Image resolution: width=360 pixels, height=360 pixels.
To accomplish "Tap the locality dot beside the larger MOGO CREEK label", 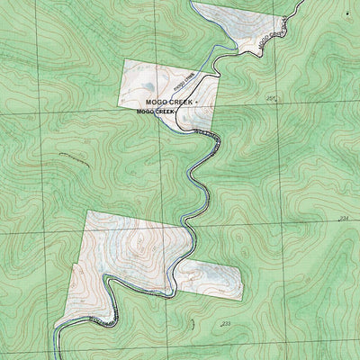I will [x=196, y=104].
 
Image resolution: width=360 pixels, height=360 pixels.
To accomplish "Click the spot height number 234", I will [x=343, y=219].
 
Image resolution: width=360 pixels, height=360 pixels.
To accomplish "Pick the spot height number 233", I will [x=225, y=323].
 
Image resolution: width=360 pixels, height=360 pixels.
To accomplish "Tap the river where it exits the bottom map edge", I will [x=56, y=358].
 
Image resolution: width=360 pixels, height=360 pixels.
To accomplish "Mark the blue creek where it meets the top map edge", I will [x=191, y=1].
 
